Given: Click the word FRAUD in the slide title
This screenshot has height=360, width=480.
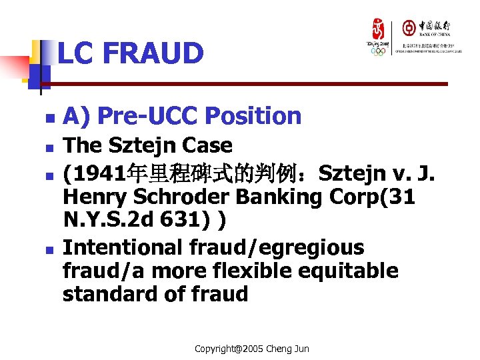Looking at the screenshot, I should click(155, 53).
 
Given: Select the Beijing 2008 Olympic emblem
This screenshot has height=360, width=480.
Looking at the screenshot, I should click(378, 37).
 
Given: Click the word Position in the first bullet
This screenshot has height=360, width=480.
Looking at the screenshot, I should click(259, 116).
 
